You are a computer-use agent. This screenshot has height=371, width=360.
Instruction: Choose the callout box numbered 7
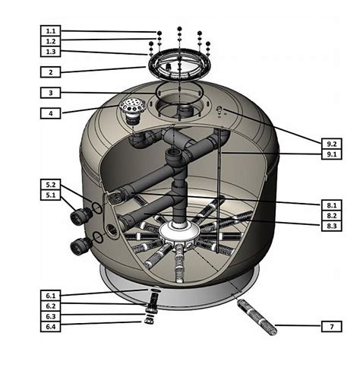click(331, 327)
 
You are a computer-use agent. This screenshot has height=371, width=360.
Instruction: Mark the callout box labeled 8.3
click(331, 226)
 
